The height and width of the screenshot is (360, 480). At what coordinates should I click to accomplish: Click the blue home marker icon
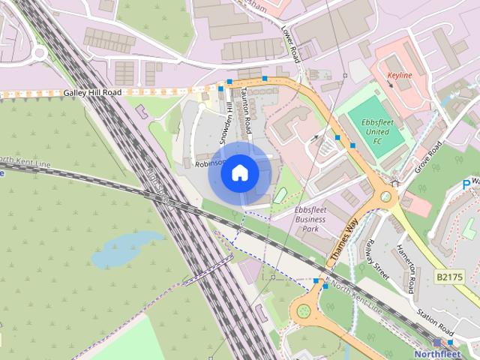(239, 173)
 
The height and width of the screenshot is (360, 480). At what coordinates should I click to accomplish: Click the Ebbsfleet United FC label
(372, 132)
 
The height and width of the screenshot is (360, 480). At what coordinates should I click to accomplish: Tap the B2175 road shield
(449, 277)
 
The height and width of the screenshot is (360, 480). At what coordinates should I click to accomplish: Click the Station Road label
(436, 323)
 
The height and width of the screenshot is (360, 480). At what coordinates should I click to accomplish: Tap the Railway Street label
(376, 259)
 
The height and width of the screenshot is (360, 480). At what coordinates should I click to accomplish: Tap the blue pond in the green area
(125, 248)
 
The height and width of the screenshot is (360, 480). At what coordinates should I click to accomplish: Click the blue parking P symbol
(466, 184)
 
